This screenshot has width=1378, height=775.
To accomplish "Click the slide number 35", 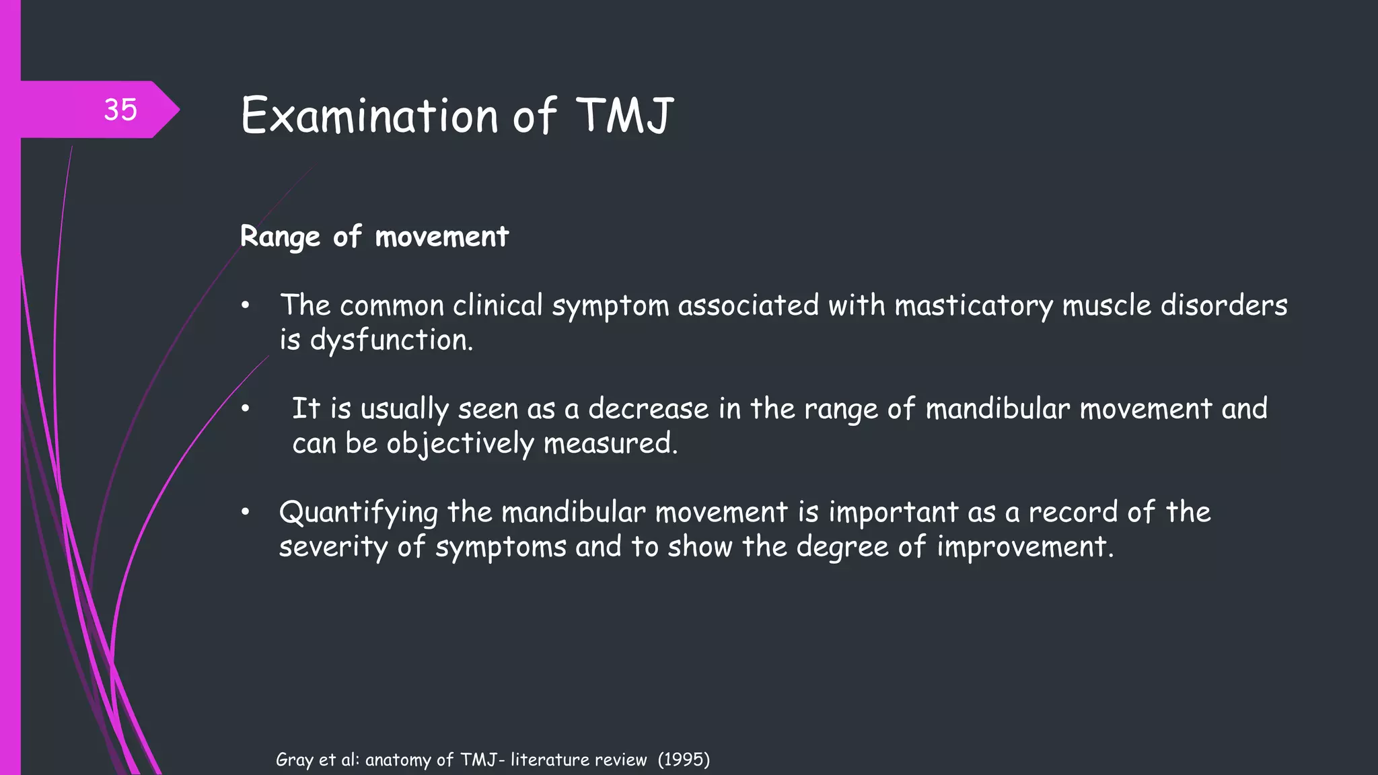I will tap(120, 110).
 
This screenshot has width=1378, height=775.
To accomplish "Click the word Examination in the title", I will tap(369, 115).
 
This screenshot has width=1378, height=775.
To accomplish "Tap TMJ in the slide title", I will tap(625, 115).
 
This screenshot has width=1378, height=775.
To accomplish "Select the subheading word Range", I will tap(280, 237).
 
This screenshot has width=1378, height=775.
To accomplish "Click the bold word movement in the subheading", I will tap(441, 237).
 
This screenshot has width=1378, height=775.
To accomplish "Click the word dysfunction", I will tap(391, 340).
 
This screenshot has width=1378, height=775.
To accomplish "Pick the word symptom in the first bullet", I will tap(610, 306).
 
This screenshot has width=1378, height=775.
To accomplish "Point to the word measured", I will tap(610, 443).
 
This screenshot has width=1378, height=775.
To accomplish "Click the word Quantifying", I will tap(359, 513).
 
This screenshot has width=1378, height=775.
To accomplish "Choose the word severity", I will tap(333, 547).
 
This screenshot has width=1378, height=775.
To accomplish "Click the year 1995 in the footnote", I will tap(684, 760).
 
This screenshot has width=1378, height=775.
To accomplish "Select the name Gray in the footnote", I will tap(295, 760).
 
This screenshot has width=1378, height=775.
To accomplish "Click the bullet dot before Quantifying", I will tap(246, 513).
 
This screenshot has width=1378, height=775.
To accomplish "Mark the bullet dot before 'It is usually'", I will tap(246, 409).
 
